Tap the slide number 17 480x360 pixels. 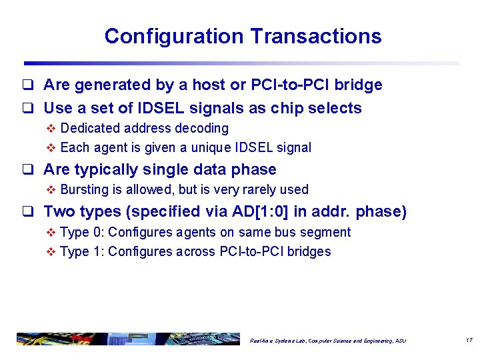[x=469, y=340]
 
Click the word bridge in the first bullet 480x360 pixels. [x=359, y=85]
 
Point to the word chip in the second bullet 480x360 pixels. [x=285, y=108]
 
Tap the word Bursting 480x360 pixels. [x=84, y=189]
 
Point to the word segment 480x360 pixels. [x=326, y=232]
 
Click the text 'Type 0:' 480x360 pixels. [x=82, y=232]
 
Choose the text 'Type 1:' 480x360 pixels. [x=82, y=251]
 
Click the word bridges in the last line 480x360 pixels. [x=309, y=251]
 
